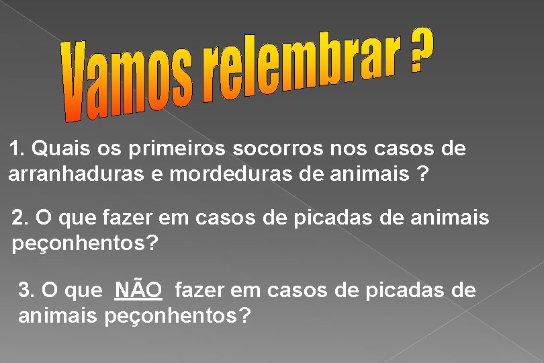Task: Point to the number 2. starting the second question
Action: (21, 218)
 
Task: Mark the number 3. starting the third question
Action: (27, 290)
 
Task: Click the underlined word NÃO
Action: (138, 290)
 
